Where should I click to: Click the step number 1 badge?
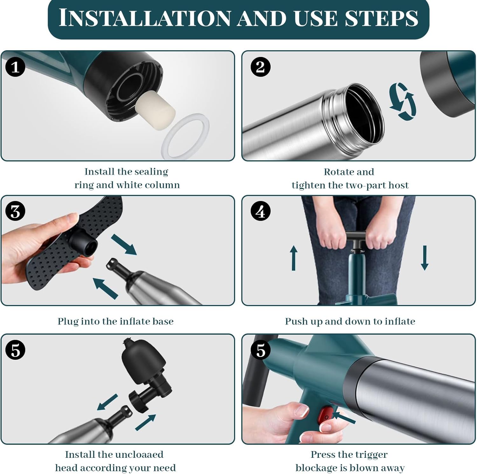[x=15, y=67]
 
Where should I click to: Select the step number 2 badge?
[x=260, y=67]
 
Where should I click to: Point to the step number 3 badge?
[x=15, y=211]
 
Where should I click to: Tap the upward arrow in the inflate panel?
[x=294, y=258]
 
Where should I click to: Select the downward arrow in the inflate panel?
[x=425, y=258]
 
